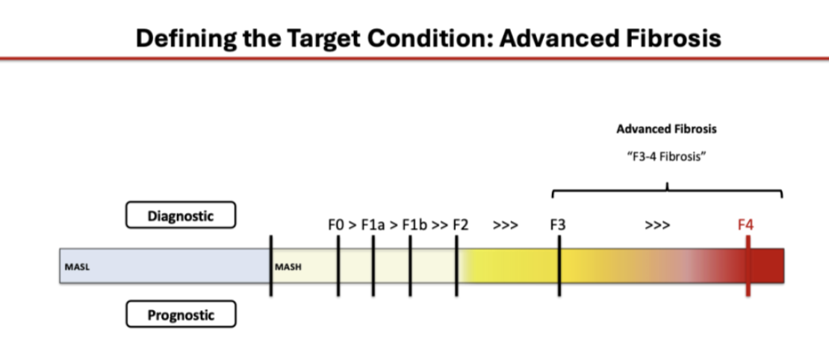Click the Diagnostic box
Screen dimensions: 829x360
click(x=181, y=215)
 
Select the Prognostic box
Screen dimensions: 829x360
click(x=181, y=314)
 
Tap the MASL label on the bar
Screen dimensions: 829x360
click(x=77, y=267)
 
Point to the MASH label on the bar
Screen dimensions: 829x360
click(x=288, y=267)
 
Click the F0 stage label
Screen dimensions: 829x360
click(x=336, y=226)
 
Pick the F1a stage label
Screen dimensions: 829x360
click(x=373, y=226)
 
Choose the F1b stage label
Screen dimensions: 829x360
click(x=414, y=226)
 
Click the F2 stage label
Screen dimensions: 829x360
click(x=461, y=226)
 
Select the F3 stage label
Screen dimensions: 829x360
click(x=558, y=226)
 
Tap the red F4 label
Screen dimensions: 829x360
click(x=745, y=225)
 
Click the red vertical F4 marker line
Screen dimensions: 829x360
click(x=748, y=266)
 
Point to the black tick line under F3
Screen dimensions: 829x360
click(x=559, y=266)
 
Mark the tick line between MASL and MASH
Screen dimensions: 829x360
click(x=270, y=266)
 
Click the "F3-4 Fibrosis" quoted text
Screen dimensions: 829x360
click(x=667, y=157)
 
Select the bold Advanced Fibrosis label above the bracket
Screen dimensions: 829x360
click(x=667, y=129)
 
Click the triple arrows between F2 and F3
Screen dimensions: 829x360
click(x=506, y=226)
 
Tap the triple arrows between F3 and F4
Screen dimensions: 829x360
click(x=657, y=226)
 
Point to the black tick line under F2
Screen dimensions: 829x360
click(x=457, y=266)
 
